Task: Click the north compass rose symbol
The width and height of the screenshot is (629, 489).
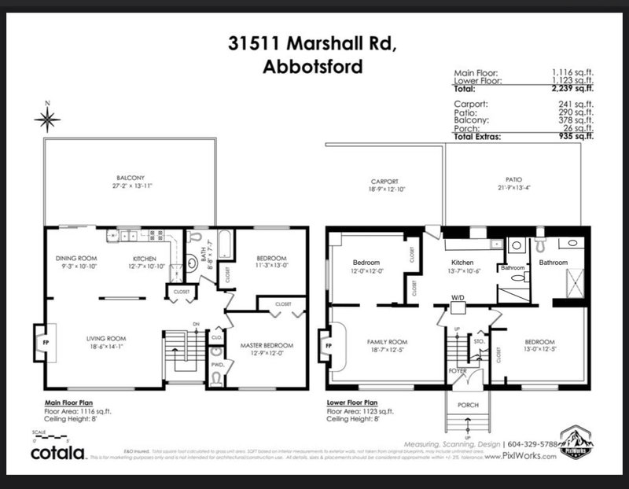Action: coord(47,119)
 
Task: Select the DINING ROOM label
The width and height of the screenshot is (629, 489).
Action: coord(75,258)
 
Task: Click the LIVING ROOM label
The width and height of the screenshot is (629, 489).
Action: coord(106,339)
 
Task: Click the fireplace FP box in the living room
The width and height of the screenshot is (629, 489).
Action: coord(39,343)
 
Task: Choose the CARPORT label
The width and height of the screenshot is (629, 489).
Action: coord(384,182)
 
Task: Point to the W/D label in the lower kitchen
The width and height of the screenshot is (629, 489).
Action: coord(458,298)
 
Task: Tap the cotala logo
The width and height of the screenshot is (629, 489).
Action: coord(58,454)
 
